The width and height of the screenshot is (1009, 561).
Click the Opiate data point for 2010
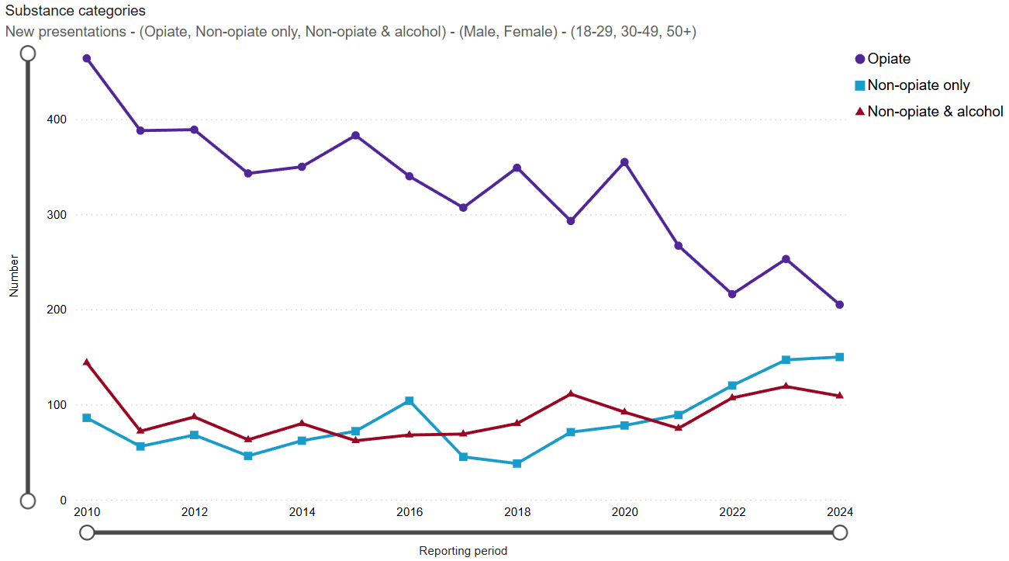point(87,58)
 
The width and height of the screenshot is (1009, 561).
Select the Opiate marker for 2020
point(624,162)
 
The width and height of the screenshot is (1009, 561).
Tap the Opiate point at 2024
point(839,304)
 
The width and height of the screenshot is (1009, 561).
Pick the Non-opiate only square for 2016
point(409,400)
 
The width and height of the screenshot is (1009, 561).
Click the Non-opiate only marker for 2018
point(517,463)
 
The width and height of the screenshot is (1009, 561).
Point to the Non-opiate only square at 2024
point(839,357)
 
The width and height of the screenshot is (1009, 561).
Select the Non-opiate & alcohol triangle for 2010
point(87,362)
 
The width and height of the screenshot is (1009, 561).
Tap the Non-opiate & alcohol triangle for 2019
point(571,393)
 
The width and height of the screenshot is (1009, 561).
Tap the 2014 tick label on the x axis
point(302,512)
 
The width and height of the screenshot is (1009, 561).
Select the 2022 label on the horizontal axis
point(732,512)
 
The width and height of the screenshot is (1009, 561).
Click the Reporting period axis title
point(463,551)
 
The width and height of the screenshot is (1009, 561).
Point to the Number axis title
point(14,275)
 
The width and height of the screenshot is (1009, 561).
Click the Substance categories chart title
point(75,12)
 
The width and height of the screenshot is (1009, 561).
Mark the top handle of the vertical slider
point(28,53)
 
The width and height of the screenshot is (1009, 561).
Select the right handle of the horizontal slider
point(839,532)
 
